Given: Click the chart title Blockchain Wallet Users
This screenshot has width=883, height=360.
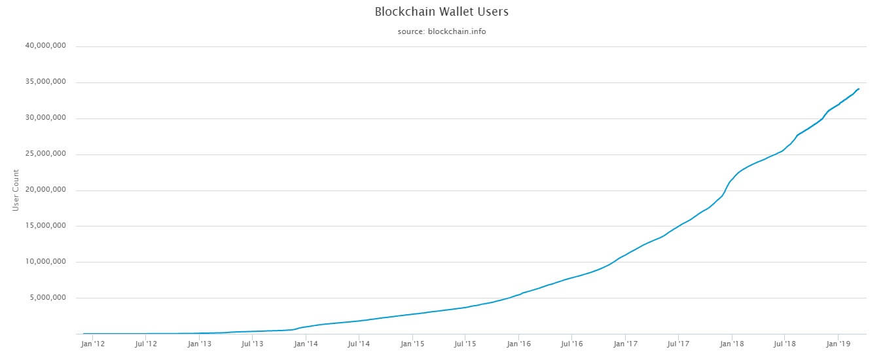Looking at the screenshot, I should click(x=441, y=12).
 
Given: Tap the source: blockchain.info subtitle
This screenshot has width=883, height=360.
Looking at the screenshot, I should click(x=441, y=31).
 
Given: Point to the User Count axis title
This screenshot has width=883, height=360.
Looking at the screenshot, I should click(x=16, y=190).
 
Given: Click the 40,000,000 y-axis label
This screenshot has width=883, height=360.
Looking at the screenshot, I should click(x=47, y=46).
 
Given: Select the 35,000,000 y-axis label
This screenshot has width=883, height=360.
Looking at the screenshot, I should click(x=47, y=82).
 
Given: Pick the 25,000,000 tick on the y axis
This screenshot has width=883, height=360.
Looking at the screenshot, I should click(x=47, y=154).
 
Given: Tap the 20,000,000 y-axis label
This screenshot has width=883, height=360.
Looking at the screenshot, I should click(x=47, y=190).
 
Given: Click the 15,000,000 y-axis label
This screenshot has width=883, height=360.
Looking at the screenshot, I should click(x=47, y=226).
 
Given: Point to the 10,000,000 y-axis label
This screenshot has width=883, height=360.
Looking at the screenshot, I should click(x=47, y=262).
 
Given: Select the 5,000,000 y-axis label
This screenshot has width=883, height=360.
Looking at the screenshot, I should click(x=49, y=298).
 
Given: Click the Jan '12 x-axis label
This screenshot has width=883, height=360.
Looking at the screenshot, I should click(x=92, y=343).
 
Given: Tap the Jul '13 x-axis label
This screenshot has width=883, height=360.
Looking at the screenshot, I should click(x=252, y=343).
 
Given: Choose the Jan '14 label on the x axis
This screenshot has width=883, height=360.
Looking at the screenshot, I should click(x=306, y=343).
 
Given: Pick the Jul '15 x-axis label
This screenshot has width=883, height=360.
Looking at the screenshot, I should click(x=465, y=343).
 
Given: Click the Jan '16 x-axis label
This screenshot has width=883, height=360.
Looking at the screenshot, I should click(x=518, y=343).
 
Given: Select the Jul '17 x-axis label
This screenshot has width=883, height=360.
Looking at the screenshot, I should click(x=679, y=343).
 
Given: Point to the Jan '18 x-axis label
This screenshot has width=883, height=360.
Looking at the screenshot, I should click(x=732, y=343).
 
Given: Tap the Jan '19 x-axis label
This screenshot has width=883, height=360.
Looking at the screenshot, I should click(x=839, y=343).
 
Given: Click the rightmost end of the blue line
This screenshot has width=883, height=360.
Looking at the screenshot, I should click(x=859, y=89).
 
